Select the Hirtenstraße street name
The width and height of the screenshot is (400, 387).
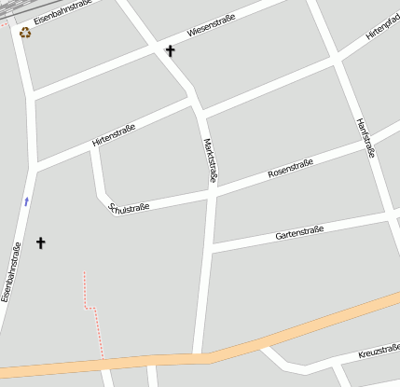[114, 135]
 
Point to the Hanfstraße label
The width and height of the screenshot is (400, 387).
[366, 137]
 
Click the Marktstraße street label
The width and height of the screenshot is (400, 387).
[211, 160]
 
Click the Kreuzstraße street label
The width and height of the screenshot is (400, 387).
[379, 352]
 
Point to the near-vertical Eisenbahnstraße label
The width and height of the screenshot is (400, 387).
[11, 272]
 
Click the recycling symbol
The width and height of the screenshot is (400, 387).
[25, 33]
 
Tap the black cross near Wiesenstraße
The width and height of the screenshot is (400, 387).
[170, 50]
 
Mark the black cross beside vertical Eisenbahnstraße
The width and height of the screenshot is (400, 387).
[40, 243]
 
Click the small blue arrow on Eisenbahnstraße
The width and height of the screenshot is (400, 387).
[26, 200]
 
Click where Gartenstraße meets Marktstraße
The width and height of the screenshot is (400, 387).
[213, 247]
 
